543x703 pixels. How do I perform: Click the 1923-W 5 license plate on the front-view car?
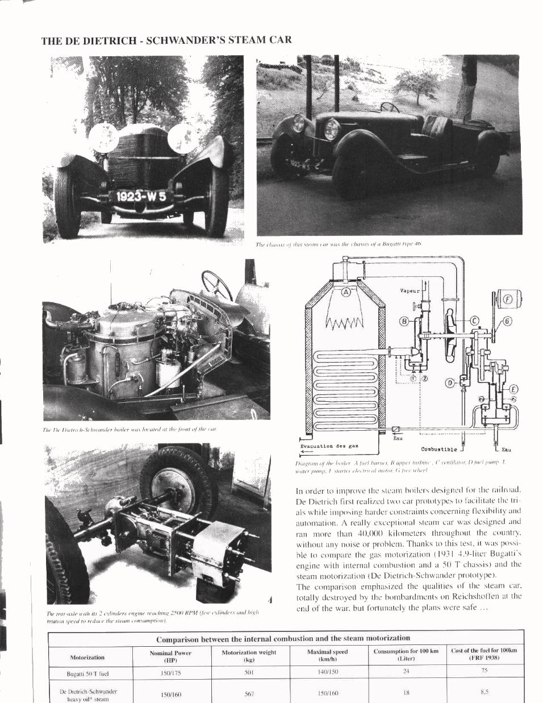click(141, 197)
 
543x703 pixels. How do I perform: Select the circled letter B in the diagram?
click(404, 321)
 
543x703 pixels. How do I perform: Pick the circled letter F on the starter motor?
click(509, 300)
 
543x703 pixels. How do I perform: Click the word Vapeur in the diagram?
click(410, 291)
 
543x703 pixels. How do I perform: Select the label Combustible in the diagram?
click(438, 449)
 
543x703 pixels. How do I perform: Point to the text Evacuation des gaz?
click(329, 446)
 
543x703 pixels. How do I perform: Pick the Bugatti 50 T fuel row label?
click(87, 674)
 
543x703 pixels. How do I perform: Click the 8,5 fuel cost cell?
click(484, 692)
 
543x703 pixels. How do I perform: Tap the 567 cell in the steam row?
click(248, 694)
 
